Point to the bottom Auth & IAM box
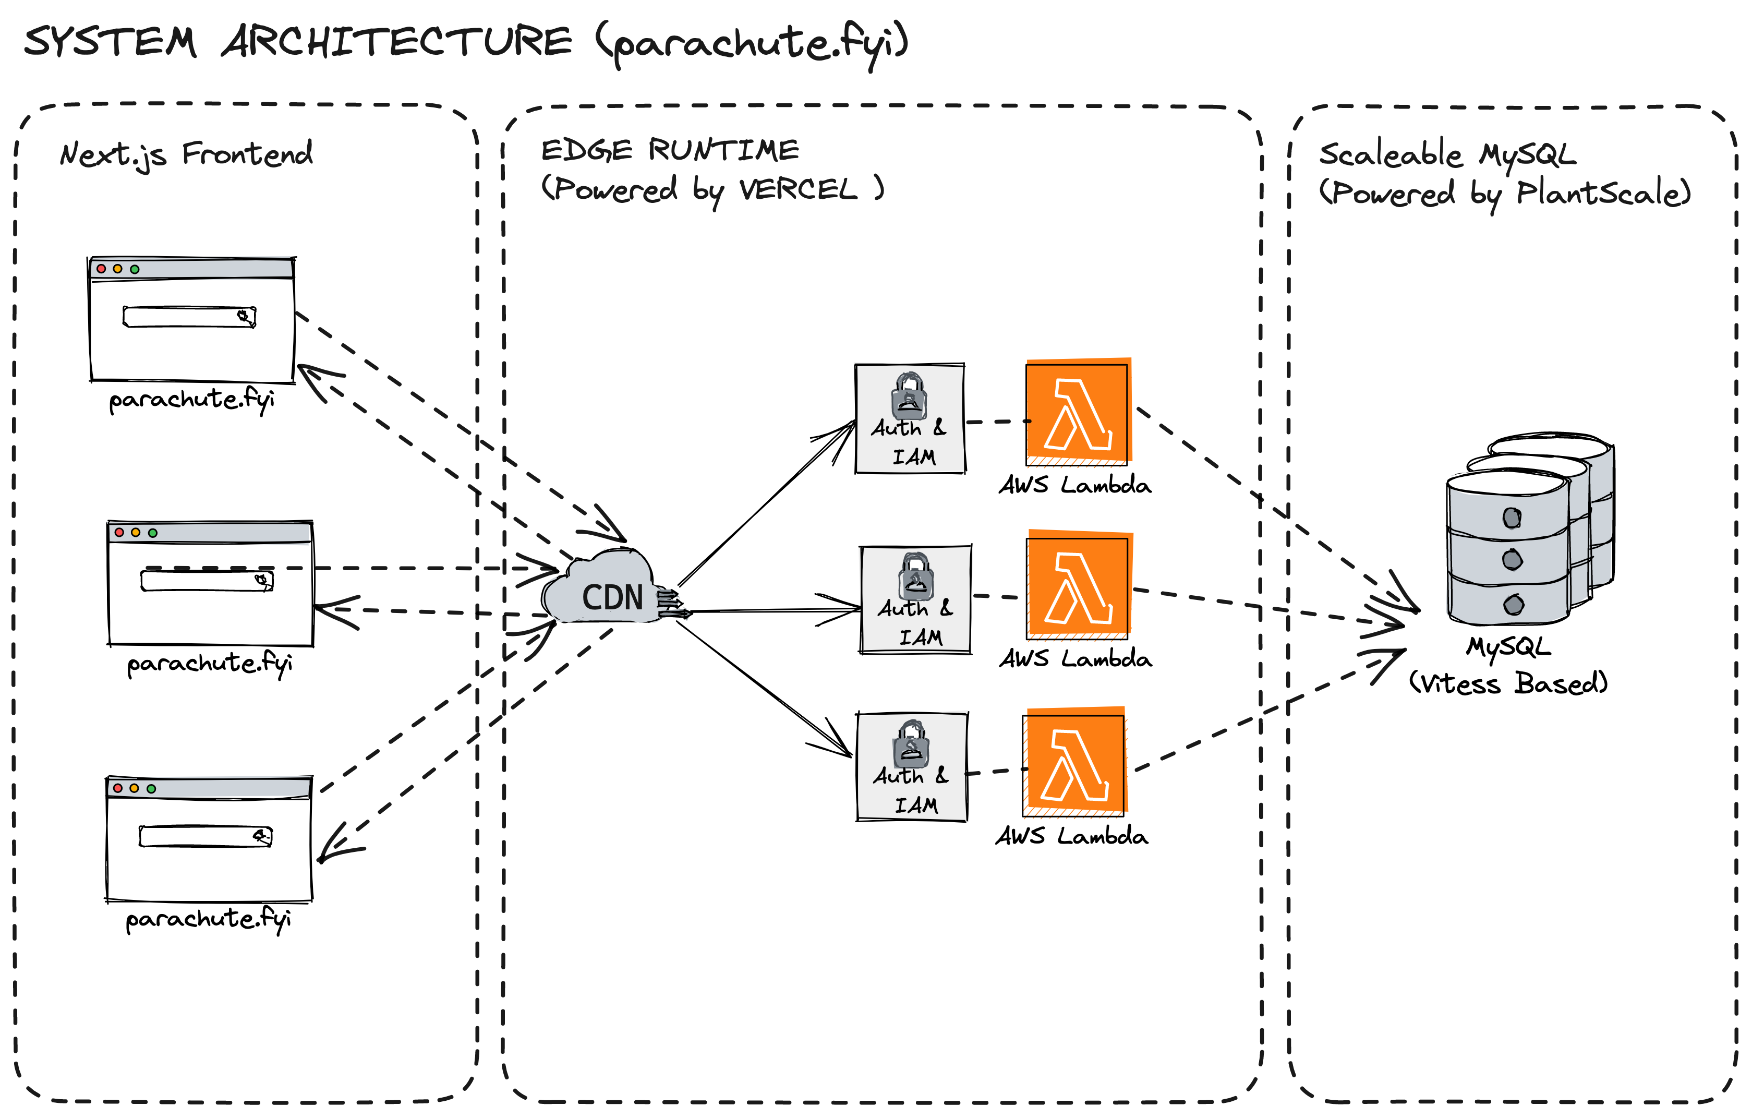912,767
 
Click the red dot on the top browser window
101,269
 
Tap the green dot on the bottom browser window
151,789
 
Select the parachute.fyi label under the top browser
191,400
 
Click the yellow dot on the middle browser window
135,533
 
